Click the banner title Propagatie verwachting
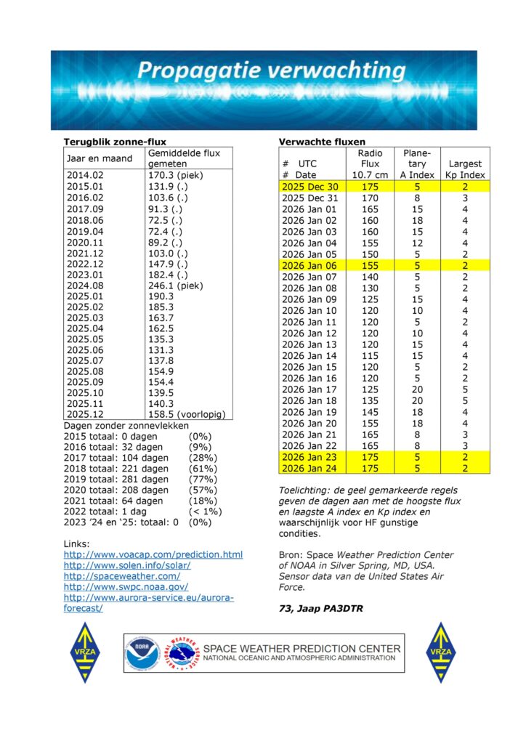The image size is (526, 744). (270, 71)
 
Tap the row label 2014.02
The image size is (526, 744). (86, 174)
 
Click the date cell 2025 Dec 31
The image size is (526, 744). (310, 198)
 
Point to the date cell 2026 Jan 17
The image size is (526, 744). (310, 389)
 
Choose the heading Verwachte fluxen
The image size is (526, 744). (322, 142)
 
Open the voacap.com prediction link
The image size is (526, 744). (153, 554)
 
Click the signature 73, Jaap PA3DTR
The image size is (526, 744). (320, 609)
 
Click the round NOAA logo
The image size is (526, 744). (142, 653)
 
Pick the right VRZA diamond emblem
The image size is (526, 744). (440, 652)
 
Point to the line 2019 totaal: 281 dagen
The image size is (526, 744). (116, 479)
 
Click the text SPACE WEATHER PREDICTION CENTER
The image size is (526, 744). (301, 648)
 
